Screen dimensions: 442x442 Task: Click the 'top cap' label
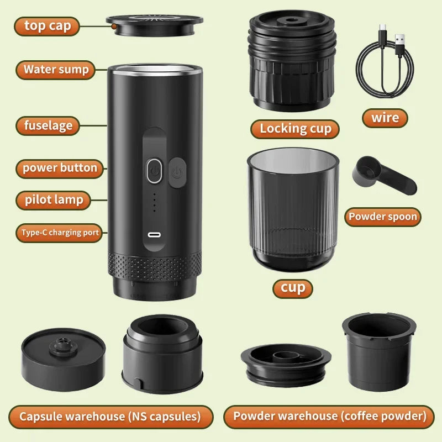47,26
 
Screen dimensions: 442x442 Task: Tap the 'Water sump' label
56,70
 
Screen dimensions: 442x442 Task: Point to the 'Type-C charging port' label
60,233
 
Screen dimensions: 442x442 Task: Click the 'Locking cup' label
296,129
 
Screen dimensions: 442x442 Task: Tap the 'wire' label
385,118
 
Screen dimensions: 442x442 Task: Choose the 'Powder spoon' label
382,217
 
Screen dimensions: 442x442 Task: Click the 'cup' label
293,288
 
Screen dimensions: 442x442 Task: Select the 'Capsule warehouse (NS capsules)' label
110,417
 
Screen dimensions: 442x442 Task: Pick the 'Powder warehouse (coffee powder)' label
330,417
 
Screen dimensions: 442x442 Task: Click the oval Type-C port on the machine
154,234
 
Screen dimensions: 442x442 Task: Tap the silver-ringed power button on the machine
154,171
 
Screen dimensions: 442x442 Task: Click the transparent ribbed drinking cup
292,210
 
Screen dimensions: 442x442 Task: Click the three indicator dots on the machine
154,203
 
